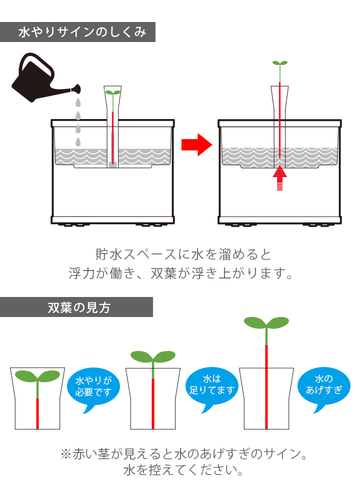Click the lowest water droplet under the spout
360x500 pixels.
pos(78,142)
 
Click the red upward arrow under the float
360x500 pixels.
pos(280,177)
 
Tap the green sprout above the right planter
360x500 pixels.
pos(280,63)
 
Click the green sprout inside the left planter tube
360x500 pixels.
pos(113,93)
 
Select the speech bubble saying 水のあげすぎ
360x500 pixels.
pos(324,384)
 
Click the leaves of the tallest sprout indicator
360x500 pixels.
pos(266,322)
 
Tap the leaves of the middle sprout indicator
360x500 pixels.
pos(152,356)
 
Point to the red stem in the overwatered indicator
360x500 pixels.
pos(266,385)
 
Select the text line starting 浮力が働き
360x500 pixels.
pos(180,274)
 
